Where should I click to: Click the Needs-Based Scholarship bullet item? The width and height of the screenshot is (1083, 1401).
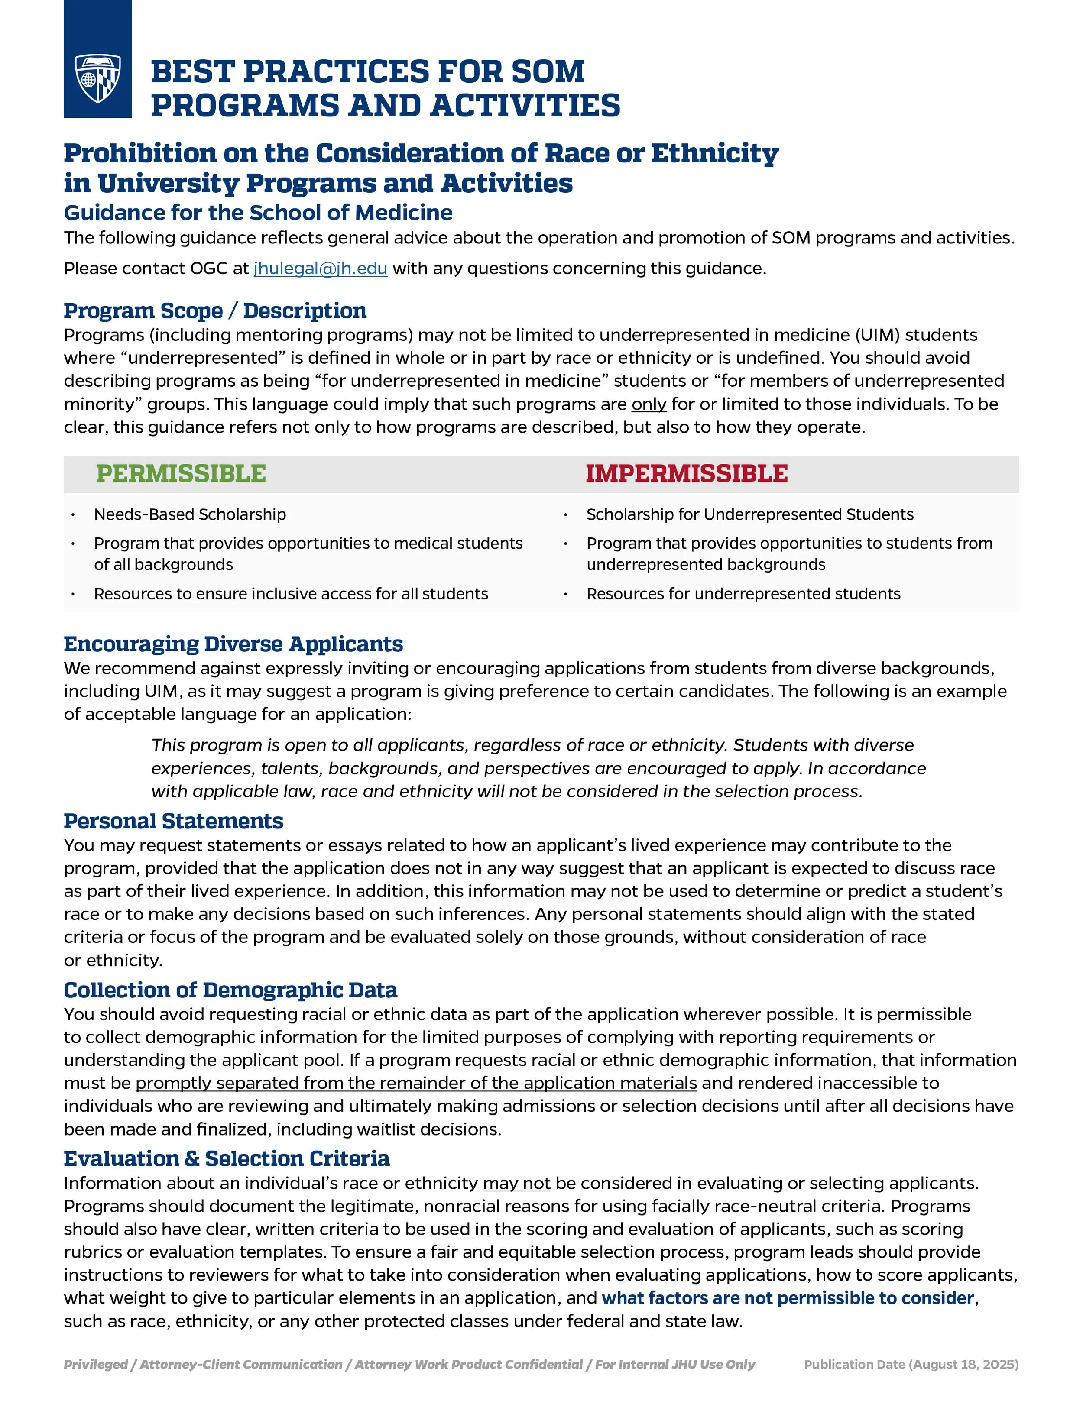click(189, 514)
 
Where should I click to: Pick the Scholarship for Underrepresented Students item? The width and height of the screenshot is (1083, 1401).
click(749, 514)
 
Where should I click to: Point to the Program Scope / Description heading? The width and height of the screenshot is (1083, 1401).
click(215, 311)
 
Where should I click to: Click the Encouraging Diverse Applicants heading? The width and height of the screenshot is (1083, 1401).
click(233, 644)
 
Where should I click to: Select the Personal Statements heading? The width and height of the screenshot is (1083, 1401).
click(173, 821)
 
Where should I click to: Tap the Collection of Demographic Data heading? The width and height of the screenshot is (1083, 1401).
click(230, 990)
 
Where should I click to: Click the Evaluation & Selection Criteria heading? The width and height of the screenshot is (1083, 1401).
click(227, 1158)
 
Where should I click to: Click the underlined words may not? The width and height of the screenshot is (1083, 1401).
click(516, 1184)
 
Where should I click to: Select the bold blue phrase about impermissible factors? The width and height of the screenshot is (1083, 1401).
click(788, 1298)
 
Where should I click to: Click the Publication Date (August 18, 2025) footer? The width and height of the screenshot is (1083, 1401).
click(911, 1365)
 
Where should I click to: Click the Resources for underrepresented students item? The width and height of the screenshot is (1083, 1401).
click(743, 594)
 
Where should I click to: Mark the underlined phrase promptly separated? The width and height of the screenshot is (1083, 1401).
click(416, 1084)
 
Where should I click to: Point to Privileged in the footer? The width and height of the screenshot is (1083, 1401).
click(95, 1365)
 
